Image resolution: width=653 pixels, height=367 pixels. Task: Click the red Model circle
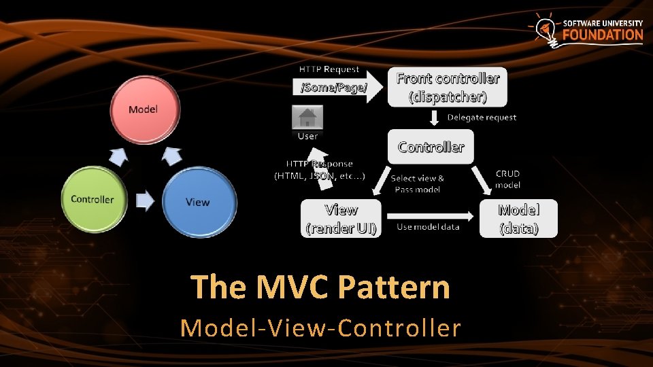coord(144,110)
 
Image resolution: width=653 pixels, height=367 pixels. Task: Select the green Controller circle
coord(93,199)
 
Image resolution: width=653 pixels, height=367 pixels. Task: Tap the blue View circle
coord(198,202)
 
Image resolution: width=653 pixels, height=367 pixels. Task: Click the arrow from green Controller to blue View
coord(144,200)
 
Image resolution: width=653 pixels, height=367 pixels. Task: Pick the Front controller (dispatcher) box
coord(448,87)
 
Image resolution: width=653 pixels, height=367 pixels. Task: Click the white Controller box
coord(431,147)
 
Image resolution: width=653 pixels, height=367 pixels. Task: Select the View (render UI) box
coord(341,218)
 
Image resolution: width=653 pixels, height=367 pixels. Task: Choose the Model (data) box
coord(519,218)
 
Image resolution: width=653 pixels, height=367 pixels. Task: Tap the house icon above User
coord(307,118)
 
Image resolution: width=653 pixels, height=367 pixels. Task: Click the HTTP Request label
coord(329,69)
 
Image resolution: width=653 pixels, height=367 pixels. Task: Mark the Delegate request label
coord(482,117)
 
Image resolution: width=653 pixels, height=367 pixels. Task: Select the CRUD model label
coord(507,179)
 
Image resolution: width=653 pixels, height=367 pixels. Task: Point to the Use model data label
coord(428,226)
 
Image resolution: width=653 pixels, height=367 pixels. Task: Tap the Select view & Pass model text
coord(418,183)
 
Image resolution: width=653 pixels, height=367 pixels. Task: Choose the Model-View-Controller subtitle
coord(320,328)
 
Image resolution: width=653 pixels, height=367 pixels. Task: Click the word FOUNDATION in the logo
coord(603,35)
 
